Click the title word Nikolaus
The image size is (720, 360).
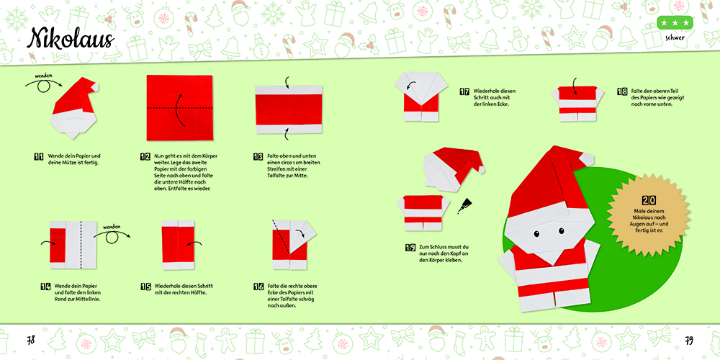[71, 39]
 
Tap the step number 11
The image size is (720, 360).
[39, 156]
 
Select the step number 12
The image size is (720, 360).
[145, 156]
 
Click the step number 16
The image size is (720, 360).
[258, 287]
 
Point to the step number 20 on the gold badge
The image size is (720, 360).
[649, 200]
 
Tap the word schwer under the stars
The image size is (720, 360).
[675, 38]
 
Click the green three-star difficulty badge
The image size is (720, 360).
[675, 22]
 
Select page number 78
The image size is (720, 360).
[30, 341]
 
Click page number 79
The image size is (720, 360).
[689, 341]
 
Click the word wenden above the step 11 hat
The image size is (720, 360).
[45, 76]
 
